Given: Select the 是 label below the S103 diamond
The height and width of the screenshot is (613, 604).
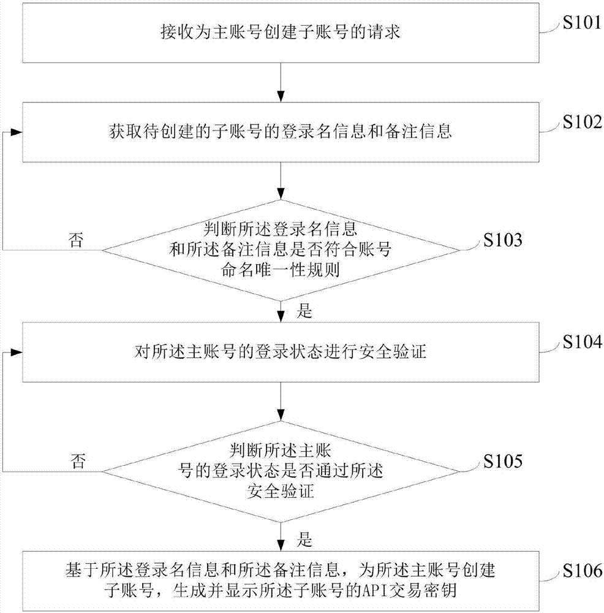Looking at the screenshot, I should [304, 311].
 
